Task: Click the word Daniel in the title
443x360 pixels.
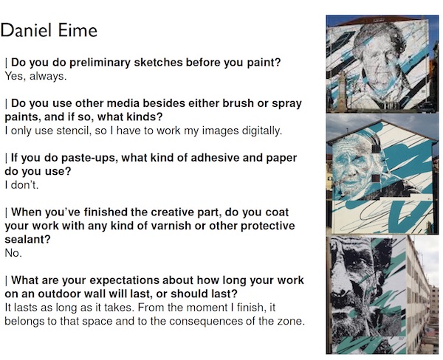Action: (28, 30)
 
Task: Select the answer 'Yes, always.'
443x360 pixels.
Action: (35, 76)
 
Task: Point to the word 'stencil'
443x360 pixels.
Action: (73, 131)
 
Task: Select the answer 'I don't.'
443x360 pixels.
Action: (21, 185)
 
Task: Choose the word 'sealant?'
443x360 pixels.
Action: (27, 239)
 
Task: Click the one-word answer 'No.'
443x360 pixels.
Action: (13, 253)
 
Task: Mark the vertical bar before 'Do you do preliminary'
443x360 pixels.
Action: (6, 63)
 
